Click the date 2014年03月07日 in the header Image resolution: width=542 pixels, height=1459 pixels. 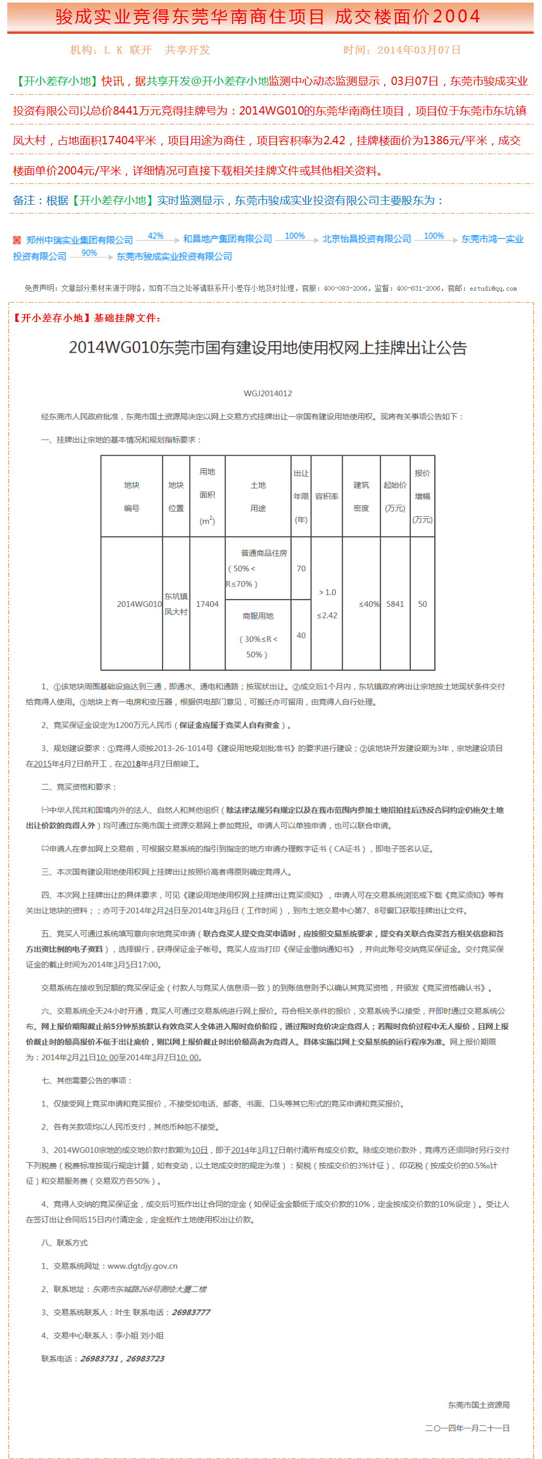coord(419,50)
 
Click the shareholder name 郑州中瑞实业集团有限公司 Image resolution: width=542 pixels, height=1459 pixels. coord(79,240)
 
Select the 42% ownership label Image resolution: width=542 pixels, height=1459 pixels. coord(156,235)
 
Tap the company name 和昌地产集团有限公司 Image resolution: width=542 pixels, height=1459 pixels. coord(227,239)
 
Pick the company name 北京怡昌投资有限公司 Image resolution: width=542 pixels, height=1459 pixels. coord(367,239)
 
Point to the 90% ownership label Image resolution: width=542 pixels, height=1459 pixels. coord(89,253)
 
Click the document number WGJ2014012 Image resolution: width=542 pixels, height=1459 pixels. coord(268,393)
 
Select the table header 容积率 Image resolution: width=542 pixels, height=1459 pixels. coord(327,496)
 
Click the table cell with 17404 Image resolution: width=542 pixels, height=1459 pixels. coord(207,604)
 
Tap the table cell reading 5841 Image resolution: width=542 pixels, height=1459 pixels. coord(395,604)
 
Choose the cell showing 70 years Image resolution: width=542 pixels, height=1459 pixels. coord(301,568)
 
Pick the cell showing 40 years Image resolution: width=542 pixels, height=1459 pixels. coord(301,635)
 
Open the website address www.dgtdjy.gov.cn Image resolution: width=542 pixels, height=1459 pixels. coord(142,1266)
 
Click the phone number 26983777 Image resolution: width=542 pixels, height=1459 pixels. coord(191,1312)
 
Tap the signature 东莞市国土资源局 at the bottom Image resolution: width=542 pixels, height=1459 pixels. coord(478,1405)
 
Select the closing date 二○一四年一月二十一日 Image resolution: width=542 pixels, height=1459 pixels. coord(467,1428)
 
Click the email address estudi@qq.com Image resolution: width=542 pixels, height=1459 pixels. coord(493,288)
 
